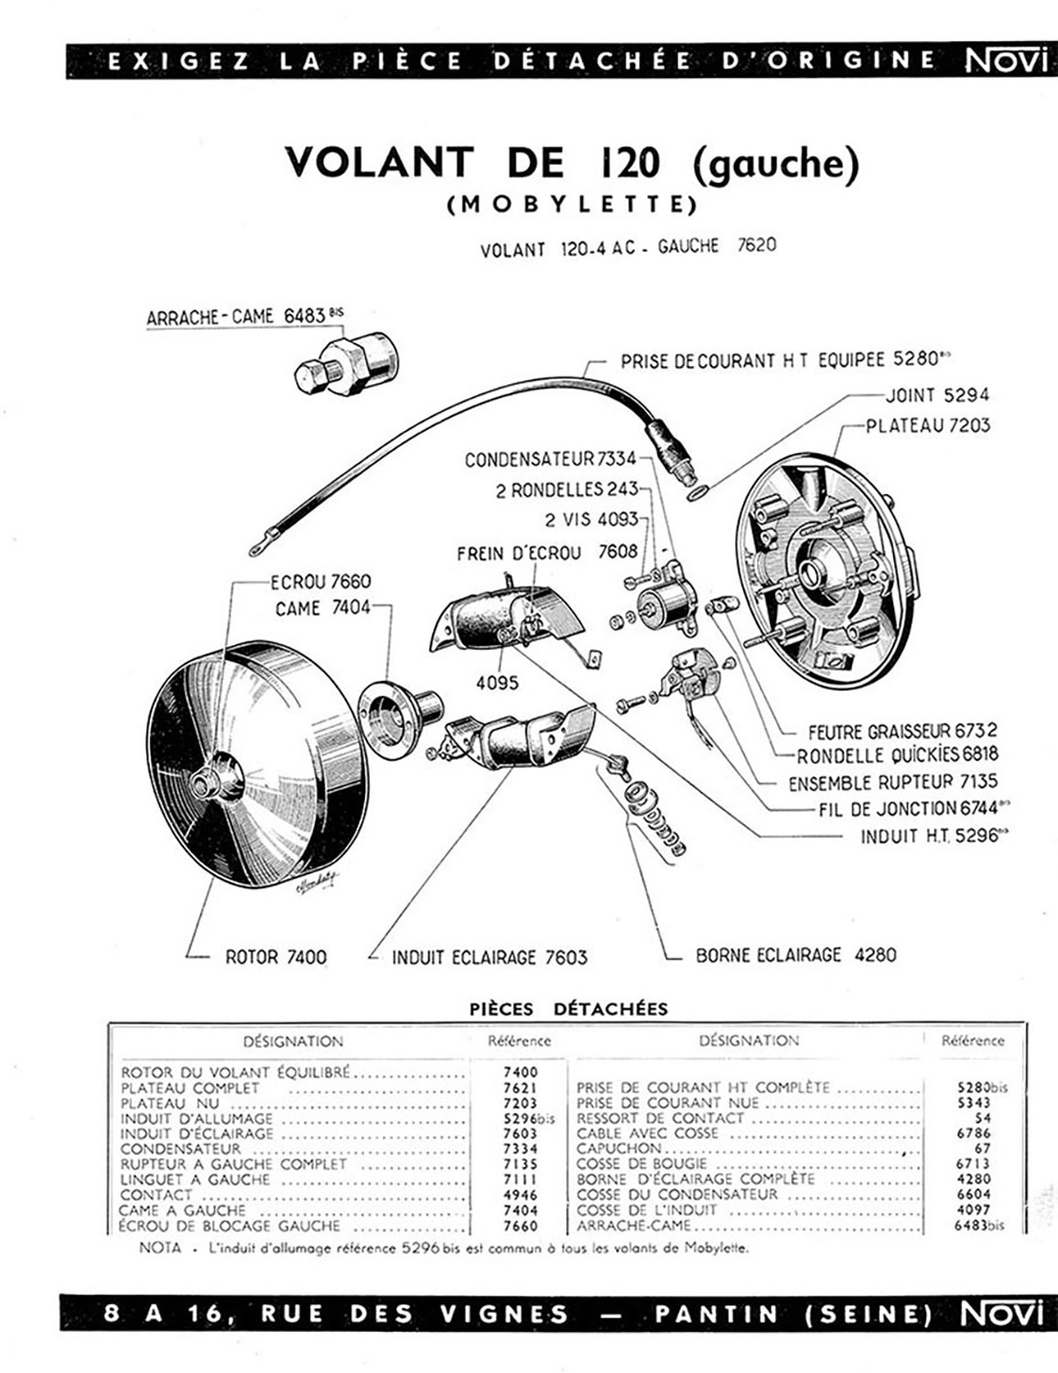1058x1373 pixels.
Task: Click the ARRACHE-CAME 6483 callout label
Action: click(x=245, y=316)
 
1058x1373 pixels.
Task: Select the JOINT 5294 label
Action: click(x=936, y=395)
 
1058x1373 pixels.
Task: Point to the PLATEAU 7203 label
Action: click(x=927, y=426)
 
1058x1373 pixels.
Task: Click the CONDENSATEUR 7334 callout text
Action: click(x=550, y=459)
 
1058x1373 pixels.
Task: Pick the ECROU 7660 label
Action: click(x=320, y=580)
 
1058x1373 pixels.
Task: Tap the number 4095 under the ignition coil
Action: click(x=498, y=683)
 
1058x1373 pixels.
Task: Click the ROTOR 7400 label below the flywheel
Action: click(x=276, y=957)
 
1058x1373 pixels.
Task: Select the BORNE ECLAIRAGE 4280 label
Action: click(x=796, y=954)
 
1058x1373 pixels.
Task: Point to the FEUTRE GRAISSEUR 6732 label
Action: click(x=902, y=731)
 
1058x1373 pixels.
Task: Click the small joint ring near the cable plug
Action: click(x=697, y=491)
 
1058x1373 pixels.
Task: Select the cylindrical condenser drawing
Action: click(x=664, y=600)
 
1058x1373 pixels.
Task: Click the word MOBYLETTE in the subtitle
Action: click(x=572, y=205)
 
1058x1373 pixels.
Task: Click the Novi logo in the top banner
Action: click(x=1002, y=61)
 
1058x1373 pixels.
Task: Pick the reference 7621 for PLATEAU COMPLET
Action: click(x=521, y=1088)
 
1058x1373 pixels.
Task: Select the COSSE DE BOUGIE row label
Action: click(x=642, y=1163)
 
